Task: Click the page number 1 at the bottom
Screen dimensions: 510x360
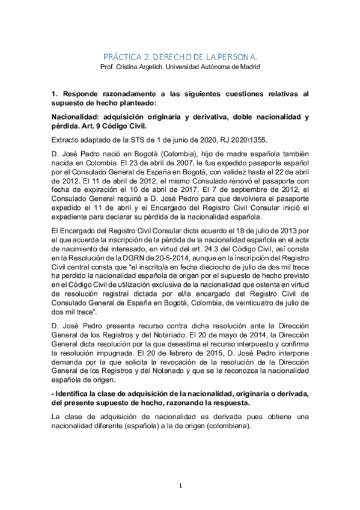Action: coord(180,485)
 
